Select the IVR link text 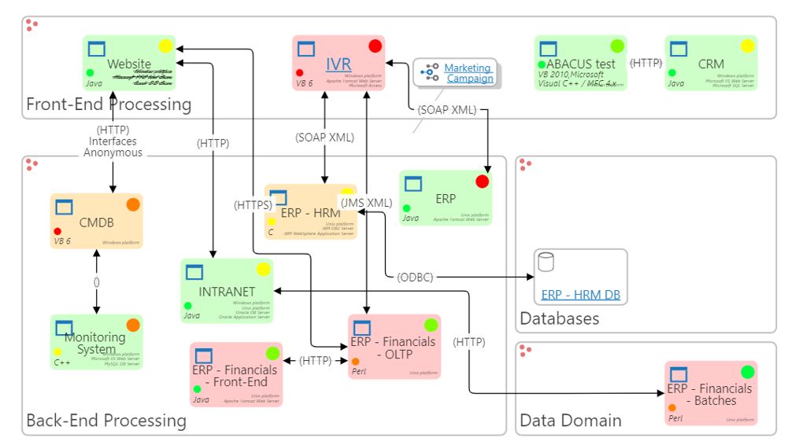[339, 64]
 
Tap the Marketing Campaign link [468, 73]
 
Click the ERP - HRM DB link [581, 295]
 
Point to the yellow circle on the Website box [165, 46]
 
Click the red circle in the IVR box [375, 46]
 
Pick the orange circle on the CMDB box [133, 204]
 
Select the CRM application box [711, 63]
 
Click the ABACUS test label [581, 64]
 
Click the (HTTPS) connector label [253, 205]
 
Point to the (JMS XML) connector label [365, 202]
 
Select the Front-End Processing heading [109, 104]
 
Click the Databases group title [559, 318]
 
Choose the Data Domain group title [570, 421]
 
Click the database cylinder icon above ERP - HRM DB [546, 262]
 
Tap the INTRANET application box [227, 291]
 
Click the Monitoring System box [96, 343]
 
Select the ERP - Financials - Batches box [711, 394]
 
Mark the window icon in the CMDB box [64, 206]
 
